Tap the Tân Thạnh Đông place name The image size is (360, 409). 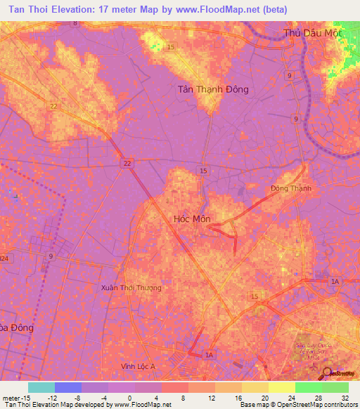click(x=212, y=90)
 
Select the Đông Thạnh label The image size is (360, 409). click(x=290, y=188)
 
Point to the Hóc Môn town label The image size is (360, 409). click(x=191, y=219)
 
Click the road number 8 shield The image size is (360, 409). click(x=75, y=23)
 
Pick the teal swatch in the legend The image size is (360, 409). click(x=41, y=387)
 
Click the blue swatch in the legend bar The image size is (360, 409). click(x=68, y=387)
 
